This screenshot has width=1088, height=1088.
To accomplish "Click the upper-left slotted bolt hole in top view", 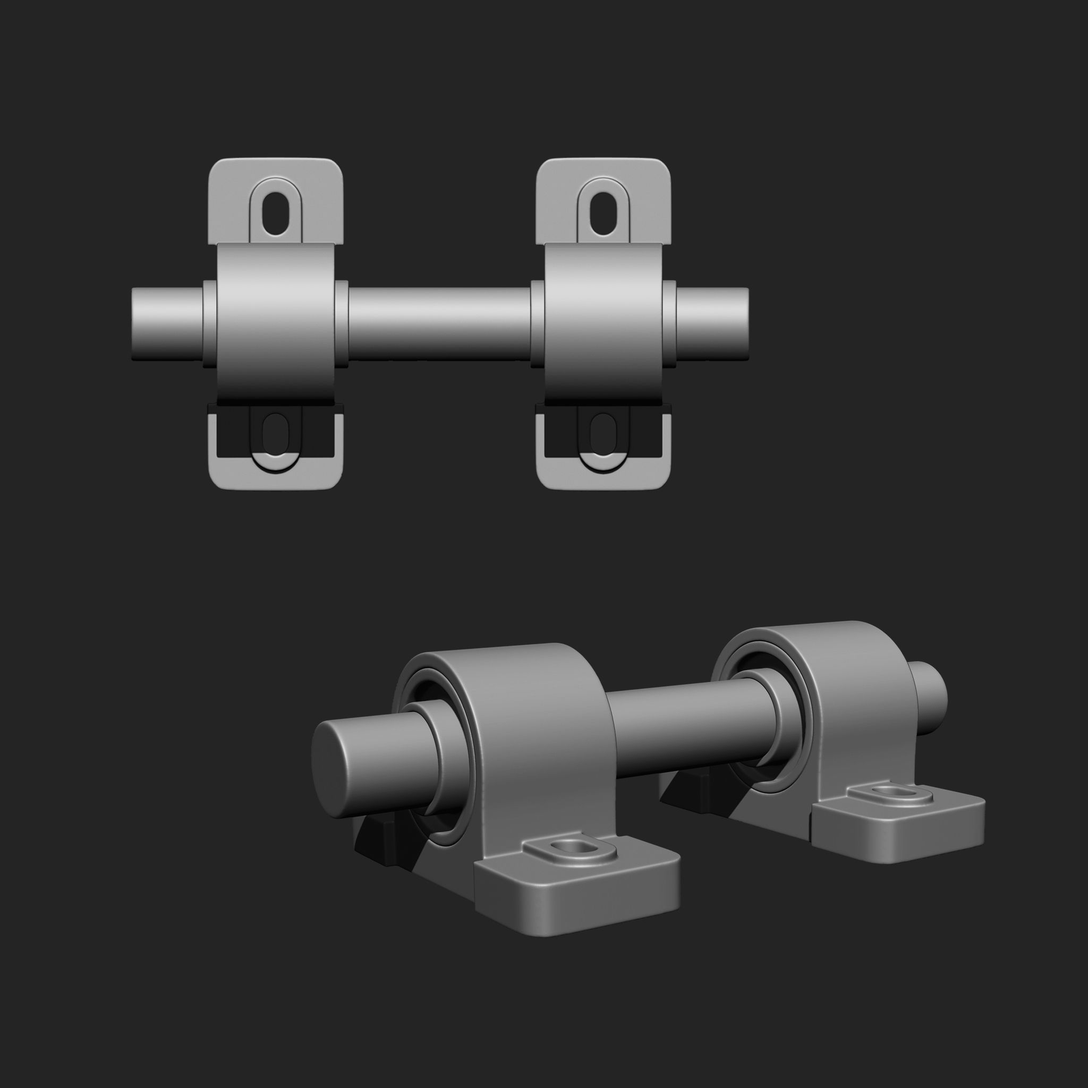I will (275, 215).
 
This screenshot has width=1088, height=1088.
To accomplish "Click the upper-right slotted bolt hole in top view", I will (602, 215).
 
